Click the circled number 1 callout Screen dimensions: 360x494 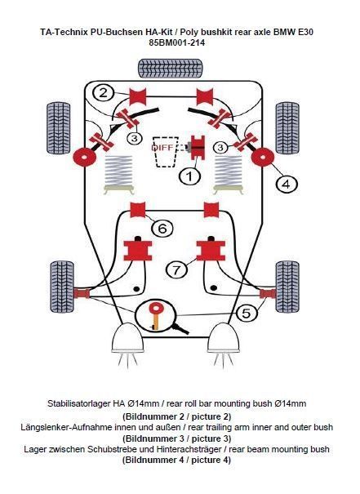pos(190,176)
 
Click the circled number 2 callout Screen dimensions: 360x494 pos(103,92)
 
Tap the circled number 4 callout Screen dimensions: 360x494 pos(287,184)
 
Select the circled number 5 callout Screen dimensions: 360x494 pos(247,312)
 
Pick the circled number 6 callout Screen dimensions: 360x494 pos(162,227)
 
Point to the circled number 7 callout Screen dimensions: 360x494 pos(176,269)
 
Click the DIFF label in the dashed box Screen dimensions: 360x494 pos(162,148)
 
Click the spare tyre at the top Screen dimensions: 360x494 pos(170,69)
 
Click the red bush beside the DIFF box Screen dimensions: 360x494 pos(198,148)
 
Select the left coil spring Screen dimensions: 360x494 pos(119,174)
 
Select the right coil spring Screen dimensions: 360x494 pos(229,174)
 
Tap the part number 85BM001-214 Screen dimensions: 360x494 pos(176,42)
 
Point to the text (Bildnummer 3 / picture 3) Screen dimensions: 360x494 pos(176,438)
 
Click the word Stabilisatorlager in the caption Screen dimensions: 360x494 pos(78,403)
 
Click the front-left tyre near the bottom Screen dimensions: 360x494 pos(62,287)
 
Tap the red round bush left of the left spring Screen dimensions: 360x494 pos(85,157)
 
